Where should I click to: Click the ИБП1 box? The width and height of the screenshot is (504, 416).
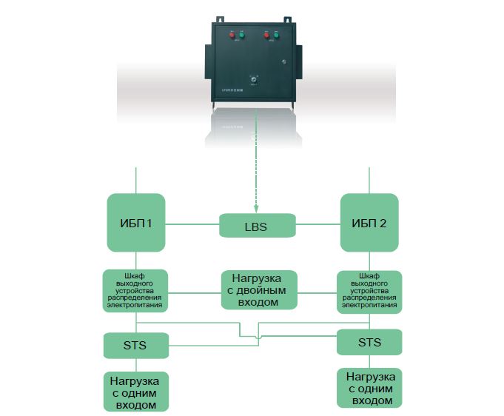[x=136, y=223]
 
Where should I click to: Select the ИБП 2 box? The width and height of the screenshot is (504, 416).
[x=369, y=223]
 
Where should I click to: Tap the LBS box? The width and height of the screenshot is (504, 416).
[x=257, y=225]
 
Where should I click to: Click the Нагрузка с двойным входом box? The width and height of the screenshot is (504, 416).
[x=258, y=289]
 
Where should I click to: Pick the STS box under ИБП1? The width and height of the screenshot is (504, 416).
[x=135, y=344]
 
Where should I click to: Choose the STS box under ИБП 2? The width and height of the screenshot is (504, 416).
[x=369, y=342]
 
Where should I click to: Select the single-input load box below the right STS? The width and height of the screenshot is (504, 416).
[x=369, y=388]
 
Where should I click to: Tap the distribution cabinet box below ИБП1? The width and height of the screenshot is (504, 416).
[x=135, y=290]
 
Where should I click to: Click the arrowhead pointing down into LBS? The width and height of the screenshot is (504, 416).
[x=257, y=210]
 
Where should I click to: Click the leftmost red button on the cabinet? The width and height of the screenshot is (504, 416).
[x=232, y=36]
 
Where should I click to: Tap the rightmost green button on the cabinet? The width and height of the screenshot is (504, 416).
[x=275, y=35]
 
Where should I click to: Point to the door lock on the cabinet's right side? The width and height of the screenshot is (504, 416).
[x=284, y=62]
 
